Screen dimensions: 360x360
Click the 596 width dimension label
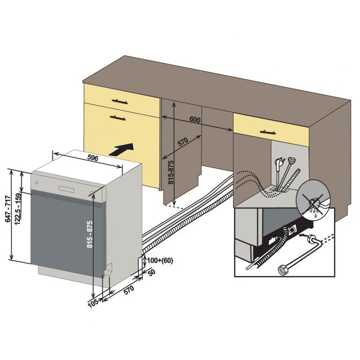(93, 158)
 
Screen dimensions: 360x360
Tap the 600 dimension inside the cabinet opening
(195, 120)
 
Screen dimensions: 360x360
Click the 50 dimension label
(151, 272)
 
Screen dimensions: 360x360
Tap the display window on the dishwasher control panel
(66, 188)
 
